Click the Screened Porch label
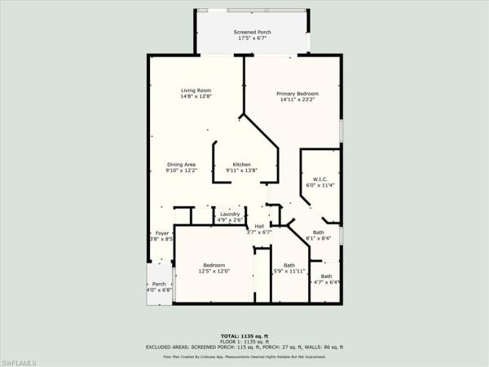click(253, 32)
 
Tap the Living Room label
click(196, 90)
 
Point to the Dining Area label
click(181, 164)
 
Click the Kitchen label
click(241, 164)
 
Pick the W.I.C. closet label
click(319, 178)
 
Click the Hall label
click(259, 226)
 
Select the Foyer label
click(162, 232)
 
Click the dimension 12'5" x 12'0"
click(214, 272)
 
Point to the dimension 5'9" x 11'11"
click(289, 272)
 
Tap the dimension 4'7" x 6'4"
click(325, 282)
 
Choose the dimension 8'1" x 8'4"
click(318, 238)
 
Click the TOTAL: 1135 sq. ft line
click(250, 336)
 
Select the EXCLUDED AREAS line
click(250, 347)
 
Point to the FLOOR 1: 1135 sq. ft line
click(250, 342)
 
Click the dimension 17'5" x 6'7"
click(253, 38)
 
